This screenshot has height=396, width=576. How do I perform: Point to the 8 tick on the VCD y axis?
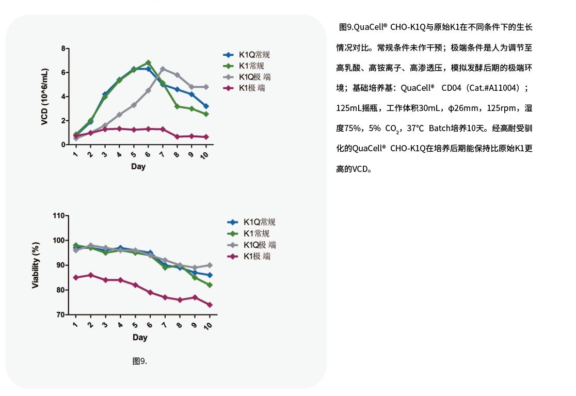(x=63, y=49)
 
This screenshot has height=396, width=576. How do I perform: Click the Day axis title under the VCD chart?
(x=138, y=167)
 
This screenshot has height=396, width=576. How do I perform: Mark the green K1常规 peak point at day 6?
(x=148, y=62)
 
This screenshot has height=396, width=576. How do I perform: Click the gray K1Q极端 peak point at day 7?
(x=163, y=69)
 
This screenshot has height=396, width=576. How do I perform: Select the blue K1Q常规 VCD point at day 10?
(x=206, y=106)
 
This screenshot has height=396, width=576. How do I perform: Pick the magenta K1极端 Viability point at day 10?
(x=210, y=305)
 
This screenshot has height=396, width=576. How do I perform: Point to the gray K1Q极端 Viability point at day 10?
(x=210, y=265)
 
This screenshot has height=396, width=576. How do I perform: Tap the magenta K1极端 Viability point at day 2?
(x=90, y=275)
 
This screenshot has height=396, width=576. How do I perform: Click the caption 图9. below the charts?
(x=139, y=361)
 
